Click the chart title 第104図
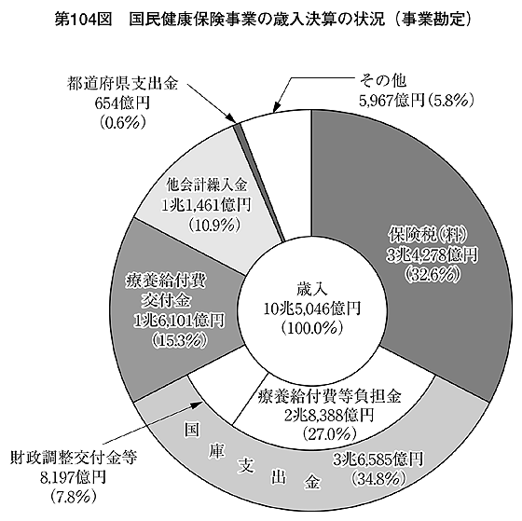83,20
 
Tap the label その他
382,80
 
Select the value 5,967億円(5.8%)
416,101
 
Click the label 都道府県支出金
122,84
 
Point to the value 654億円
122,103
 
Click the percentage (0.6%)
122,123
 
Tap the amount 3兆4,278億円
433,255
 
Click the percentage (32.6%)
433,275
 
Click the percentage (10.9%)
213,226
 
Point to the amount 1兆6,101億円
179,321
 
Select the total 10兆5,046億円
312,308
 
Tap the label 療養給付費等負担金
330,396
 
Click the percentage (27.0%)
330,433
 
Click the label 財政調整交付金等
74,458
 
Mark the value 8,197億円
74,477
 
